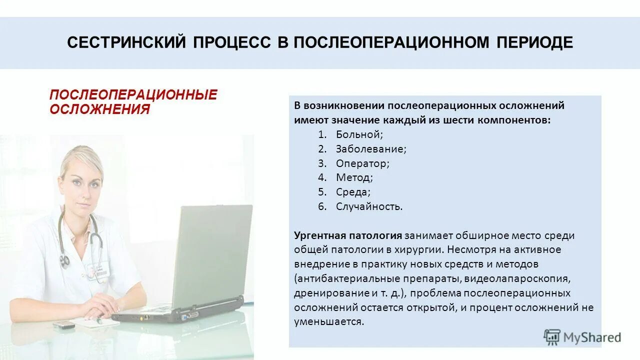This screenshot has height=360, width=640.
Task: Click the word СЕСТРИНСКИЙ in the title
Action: [x=124, y=43]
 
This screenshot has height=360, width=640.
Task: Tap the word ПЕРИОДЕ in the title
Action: [x=534, y=43]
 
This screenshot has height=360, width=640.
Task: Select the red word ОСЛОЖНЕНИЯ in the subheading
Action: [x=99, y=109]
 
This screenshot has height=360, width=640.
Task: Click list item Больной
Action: [x=359, y=134]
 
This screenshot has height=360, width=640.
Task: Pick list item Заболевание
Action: [x=371, y=149]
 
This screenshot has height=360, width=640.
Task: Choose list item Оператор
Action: [x=362, y=163]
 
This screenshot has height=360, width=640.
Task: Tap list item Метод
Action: [x=354, y=177]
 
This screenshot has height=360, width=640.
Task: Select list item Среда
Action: [x=352, y=192]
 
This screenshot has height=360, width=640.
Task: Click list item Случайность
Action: [x=369, y=206]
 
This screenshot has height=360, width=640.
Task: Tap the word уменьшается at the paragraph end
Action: [x=328, y=321]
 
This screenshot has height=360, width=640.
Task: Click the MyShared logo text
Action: [x=592, y=337]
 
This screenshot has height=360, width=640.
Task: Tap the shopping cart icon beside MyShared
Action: [x=552, y=337]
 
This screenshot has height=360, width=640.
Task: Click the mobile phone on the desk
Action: [x=63, y=325]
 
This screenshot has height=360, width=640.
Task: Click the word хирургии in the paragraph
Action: [x=422, y=249]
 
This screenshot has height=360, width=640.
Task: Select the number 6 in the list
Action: [x=322, y=206]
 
